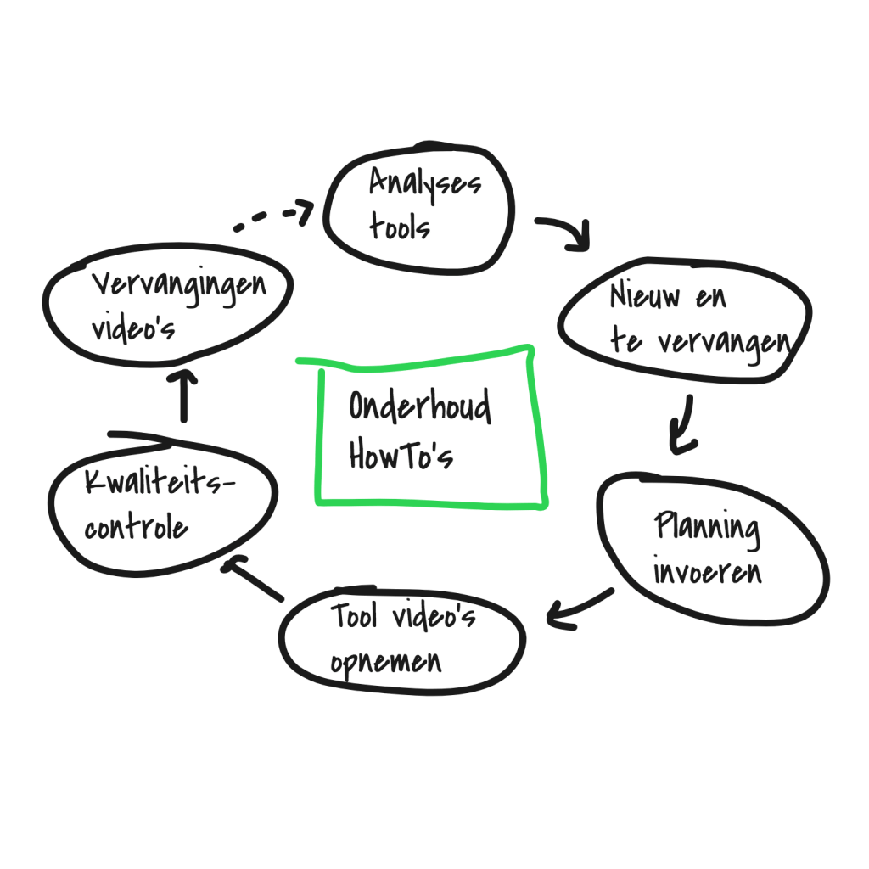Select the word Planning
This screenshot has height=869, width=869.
click(x=707, y=528)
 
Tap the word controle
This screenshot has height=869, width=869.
click(x=136, y=527)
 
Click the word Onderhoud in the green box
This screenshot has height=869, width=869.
click(x=420, y=407)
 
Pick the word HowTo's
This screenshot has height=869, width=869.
click(x=401, y=456)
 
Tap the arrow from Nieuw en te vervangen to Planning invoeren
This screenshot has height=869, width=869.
click(x=682, y=425)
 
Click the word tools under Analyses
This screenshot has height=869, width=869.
click(x=400, y=227)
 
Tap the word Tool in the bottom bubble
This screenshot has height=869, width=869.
click(x=355, y=617)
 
